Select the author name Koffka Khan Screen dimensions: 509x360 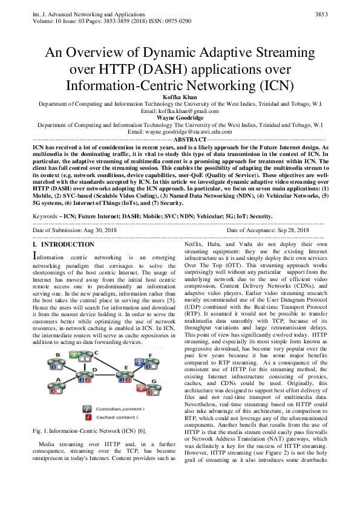click(x=180, y=96)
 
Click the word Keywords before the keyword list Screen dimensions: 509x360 click(x=48, y=216)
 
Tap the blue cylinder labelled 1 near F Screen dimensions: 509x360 click(x=138, y=361)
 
